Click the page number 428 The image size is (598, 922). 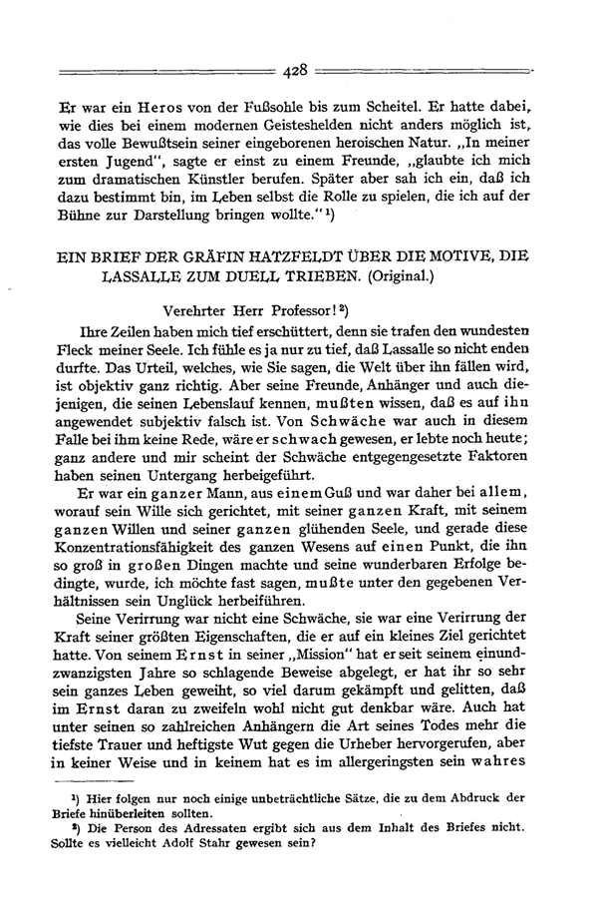pos(297,70)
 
